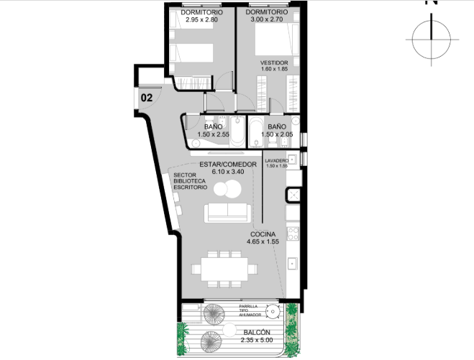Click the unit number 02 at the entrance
[x=147, y=98]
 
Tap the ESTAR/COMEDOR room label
[x=228, y=165]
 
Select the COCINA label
[x=263, y=234]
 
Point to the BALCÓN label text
[x=257, y=332]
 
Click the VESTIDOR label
[x=274, y=63]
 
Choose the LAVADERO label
[x=277, y=161]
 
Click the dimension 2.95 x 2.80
[x=201, y=19]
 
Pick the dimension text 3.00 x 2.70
[x=267, y=19]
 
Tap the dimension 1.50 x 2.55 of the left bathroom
[x=213, y=134]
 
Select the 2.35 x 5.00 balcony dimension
[x=257, y=340]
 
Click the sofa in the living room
[x=227, y=213]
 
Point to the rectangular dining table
[x=224, y=269]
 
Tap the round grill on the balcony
[x=273, y=311]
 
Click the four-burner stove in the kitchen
[x=293, y=234]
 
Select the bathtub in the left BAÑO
[x=237, y=132]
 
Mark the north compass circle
[x=432, y=40]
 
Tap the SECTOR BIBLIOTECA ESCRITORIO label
[x=190, y=181]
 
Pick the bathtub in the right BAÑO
[x=256, y=133]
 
